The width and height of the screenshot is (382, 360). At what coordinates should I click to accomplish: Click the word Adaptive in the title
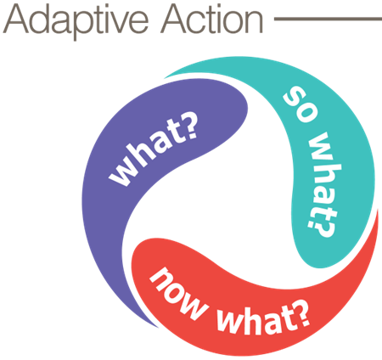[76, 21]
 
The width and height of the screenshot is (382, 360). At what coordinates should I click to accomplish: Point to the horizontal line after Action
[328, 19]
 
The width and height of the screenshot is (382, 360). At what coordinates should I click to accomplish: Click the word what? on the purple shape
[153, 149]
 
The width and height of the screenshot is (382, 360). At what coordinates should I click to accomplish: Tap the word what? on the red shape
[263, 319]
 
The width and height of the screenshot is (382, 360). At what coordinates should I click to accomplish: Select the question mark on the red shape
[301, 313]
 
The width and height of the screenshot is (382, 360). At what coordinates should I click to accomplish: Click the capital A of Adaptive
[15, 19]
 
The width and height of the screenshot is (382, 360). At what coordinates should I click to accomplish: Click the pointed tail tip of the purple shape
[159, 328]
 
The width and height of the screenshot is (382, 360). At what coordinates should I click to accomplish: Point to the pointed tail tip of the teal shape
[165, 77]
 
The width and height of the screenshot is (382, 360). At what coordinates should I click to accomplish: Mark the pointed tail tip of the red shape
[378, 210]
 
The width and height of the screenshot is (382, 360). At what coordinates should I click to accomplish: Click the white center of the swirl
[227, 198]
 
